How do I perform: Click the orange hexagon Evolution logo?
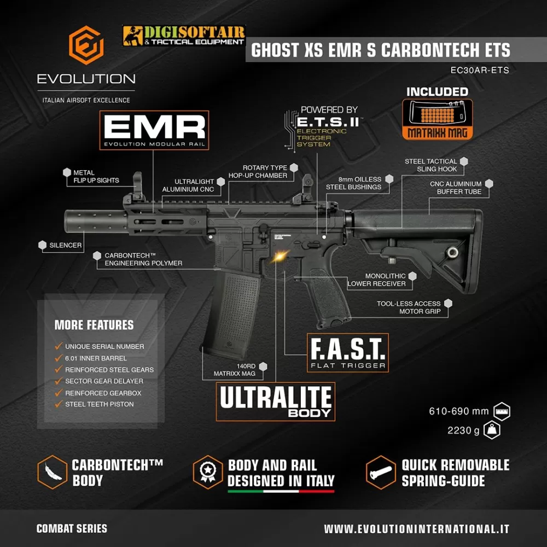pos(86,45)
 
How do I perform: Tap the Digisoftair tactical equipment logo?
pos(184,36)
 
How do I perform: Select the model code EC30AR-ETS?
pos(480,70)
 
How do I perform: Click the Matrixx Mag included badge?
pos(438,119)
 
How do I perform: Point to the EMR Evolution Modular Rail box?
pos(154,130)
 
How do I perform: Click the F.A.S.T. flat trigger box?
pos(348,353)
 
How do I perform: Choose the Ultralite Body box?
pos(276,401)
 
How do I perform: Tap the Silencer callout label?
pos(65,245)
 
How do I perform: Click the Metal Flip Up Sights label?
pos(96,177)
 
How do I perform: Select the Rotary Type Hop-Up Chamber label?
pos(258,172)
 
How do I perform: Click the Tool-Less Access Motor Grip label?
pos(409,307)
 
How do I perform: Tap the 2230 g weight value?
pos(463,430)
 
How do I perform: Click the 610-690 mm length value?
pos(459,411)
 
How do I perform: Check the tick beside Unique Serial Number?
pos(59,346)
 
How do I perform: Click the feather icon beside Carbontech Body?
pos(53,472)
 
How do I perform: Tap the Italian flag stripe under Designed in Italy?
pos(281,491)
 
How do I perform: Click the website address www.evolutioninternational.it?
pos(416,529)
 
